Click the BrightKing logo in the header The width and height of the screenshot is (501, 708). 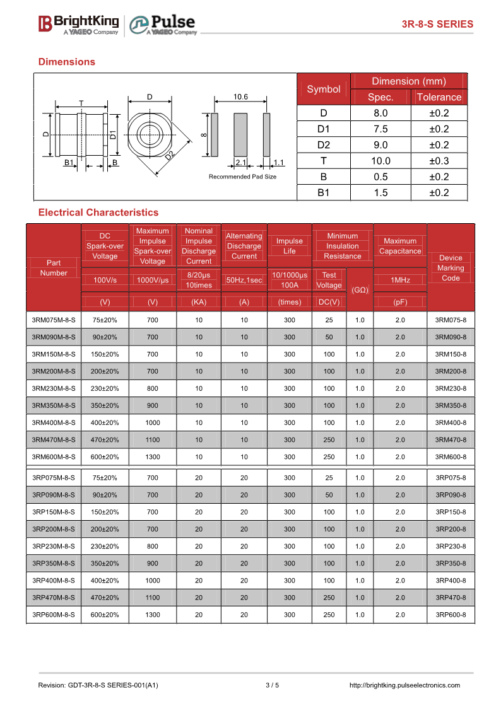(x=78, y=25)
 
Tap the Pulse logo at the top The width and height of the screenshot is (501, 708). (x=163, y=25)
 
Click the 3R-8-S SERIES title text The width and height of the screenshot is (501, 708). (x=437, y=25)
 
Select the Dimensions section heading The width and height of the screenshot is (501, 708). (x=67, y=62)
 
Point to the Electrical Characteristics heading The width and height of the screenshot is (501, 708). (x=98, y=212)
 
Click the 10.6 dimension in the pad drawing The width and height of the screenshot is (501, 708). (x=240, y=96)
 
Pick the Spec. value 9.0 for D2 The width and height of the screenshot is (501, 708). (x=380, y=145)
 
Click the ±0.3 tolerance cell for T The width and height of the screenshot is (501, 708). (x=439, y=161)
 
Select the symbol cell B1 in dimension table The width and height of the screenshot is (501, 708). (x=323, y=193)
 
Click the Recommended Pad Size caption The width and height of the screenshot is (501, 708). (x=242, y=177)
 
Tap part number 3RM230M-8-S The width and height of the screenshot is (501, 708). (x=54, y=388)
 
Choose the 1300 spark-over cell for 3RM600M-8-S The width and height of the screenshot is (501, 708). (x=153, y=456)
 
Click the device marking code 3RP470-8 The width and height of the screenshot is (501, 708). (x=451, y=598)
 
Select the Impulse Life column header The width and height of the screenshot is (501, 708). (x=290, y=246)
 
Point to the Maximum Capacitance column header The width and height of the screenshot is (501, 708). (x=400, y=246)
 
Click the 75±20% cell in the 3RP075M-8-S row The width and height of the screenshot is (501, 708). (x=105, y=478)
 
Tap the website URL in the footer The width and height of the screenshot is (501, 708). (x=404, y=685)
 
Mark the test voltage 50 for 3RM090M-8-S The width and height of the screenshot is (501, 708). (x=329, y=337)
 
